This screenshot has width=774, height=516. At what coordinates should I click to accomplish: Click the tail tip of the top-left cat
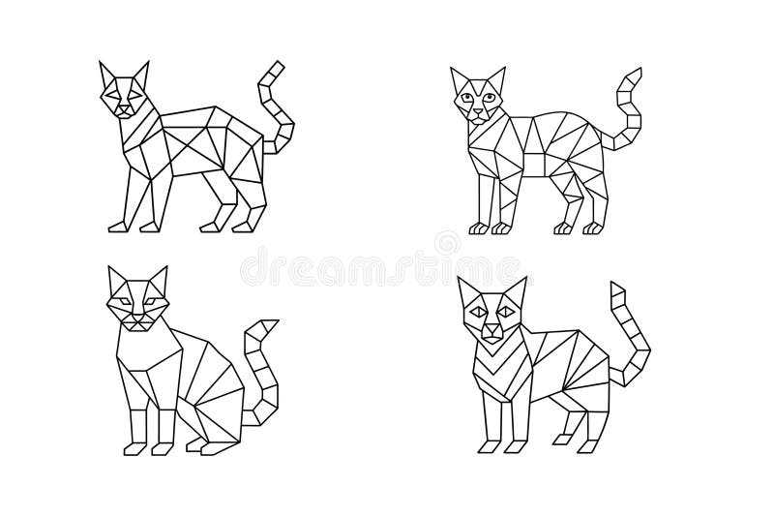click(279, 67)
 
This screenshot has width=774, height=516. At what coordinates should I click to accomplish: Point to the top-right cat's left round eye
click(468, 97)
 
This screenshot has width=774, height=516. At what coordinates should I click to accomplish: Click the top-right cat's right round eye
click(490, 97)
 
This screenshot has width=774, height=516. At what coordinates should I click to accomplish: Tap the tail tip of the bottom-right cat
click(615, 288)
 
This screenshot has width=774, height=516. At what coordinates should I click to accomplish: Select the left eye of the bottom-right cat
click(479, 313)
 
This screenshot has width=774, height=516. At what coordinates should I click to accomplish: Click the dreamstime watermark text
click(387, 264)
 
